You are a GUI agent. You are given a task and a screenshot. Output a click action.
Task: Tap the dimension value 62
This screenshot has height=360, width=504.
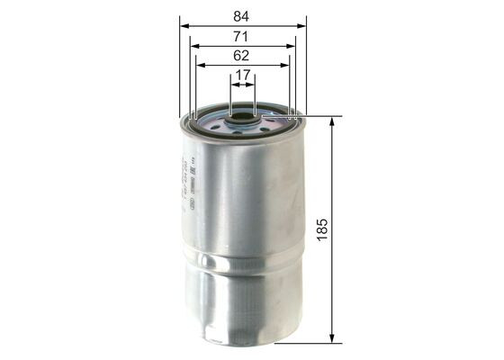(x=242, y=56)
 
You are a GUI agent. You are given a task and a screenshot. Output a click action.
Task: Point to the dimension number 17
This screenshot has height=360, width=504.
(x=242, y=76)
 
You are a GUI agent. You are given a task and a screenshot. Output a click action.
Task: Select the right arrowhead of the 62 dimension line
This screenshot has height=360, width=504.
(x=284, y=64)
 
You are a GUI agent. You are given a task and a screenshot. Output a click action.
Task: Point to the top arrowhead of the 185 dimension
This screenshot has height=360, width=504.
(x=334, y=122)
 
